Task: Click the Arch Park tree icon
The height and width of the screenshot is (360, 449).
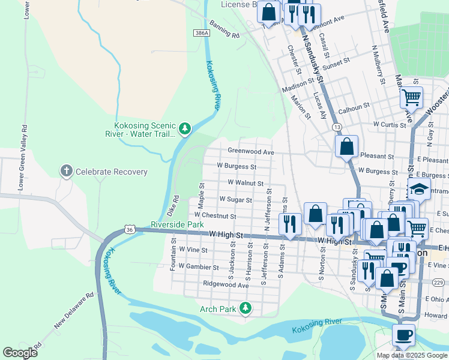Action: [x=245, y=309]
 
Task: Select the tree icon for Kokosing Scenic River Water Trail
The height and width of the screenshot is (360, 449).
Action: [x=185, y=128]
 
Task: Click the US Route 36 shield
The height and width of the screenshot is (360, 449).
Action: [x=130, y=229]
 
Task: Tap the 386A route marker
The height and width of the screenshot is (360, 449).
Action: [x=202, y=33]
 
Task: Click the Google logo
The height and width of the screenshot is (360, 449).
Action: [x=20, y=353]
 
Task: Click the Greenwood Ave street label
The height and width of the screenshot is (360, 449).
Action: [x=250, y=152]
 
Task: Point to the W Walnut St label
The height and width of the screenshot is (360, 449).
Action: [x=246, y=182]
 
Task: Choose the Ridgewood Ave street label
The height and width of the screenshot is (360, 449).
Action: [x=226, y=284]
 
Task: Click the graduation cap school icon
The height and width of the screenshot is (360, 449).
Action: [x=420, y=190]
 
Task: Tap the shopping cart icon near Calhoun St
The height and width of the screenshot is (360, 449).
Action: [x=411, y=97]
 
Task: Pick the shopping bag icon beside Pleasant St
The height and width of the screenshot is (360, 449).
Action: [x=347, y=146]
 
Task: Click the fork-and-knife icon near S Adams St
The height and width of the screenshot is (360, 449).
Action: [x=290, y=224]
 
